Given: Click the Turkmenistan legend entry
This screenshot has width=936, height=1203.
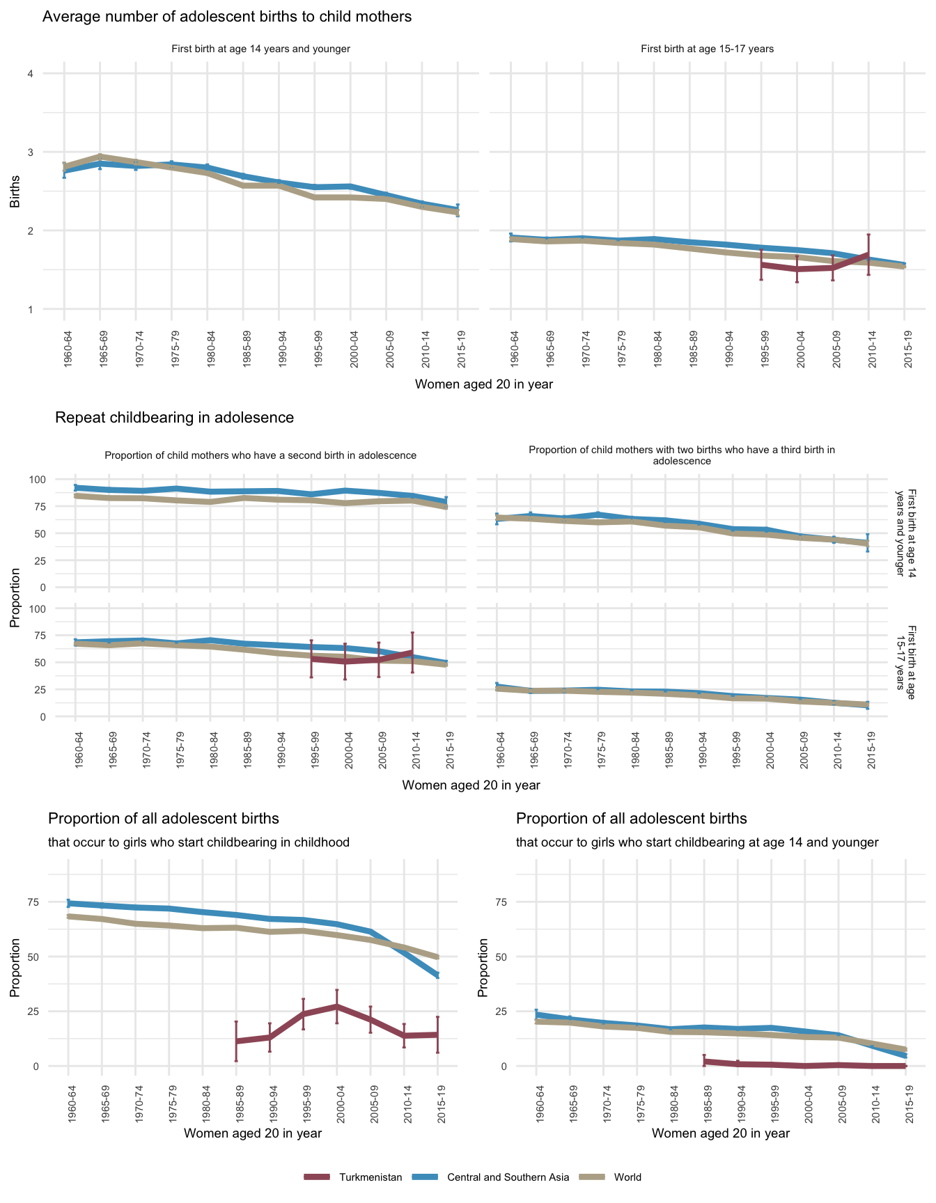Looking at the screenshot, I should (x=370, y=1177).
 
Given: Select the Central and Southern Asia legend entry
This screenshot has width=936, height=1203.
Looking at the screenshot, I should (x=508, y=1177).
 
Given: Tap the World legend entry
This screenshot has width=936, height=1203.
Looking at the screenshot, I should (x=627, y=1177).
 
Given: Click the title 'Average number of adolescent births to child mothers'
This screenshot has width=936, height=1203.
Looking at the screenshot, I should (x=227, y=17).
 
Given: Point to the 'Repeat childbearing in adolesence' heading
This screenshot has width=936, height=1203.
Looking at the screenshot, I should (x=174, y=418).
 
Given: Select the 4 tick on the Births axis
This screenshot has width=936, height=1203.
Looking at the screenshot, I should (x=30, y=74).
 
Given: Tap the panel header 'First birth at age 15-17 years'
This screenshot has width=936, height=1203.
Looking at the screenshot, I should (x=707, y=49).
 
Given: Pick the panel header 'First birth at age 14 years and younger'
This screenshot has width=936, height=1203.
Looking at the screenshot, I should (x=260, y=49).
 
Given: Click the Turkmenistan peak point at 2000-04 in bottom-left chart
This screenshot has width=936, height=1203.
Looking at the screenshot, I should (x=337, y=1006).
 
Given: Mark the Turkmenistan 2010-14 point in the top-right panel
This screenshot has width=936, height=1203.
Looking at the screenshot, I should (x=868, y=254).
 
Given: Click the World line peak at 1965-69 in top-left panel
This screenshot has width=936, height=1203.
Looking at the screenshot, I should (x=100, y=156).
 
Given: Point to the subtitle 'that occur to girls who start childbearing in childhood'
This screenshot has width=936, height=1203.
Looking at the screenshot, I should (x=198, y=842).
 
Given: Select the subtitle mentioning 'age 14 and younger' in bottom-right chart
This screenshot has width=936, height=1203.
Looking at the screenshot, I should (x=697, y=842).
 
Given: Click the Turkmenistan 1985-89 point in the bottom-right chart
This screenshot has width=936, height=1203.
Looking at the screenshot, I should (x=704, y=1061).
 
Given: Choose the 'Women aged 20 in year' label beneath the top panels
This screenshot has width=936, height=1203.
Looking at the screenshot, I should (x=483, y=384).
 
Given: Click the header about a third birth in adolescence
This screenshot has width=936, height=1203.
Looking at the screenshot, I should (x=682, y=455).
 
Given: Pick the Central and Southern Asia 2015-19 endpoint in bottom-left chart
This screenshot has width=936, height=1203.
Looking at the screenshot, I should (x=438, y=975).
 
